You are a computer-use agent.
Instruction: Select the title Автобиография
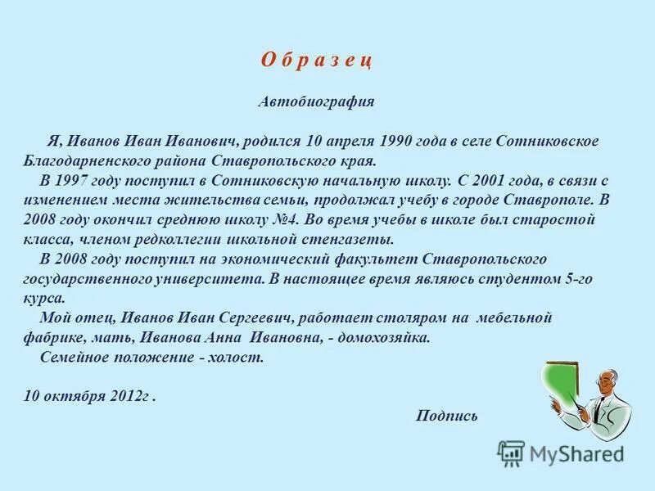click(x=316, y=102)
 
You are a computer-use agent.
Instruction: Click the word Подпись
click(x=446, y=415)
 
